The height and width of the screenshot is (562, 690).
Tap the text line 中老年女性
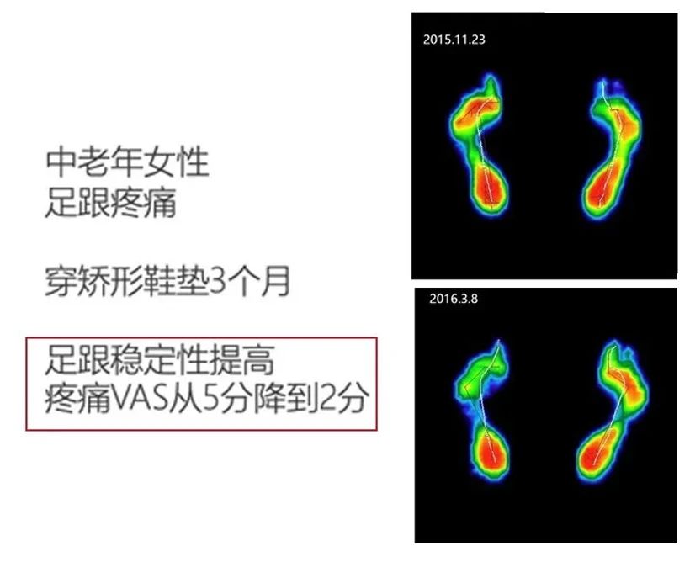click(x=127, y=162)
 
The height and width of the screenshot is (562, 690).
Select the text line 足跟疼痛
click(x=111, y=203)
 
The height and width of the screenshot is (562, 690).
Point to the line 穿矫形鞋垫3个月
click(x=167, y=282)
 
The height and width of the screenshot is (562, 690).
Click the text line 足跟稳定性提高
click(x=160, y=362)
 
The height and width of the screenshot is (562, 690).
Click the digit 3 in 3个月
click(x=218, y=282)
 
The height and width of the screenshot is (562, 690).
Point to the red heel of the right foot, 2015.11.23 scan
click(x=600, y=192)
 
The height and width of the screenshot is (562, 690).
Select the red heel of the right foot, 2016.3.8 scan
click(x=599, y=453)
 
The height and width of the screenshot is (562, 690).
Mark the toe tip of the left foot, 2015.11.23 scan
click(x=492, y=82)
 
